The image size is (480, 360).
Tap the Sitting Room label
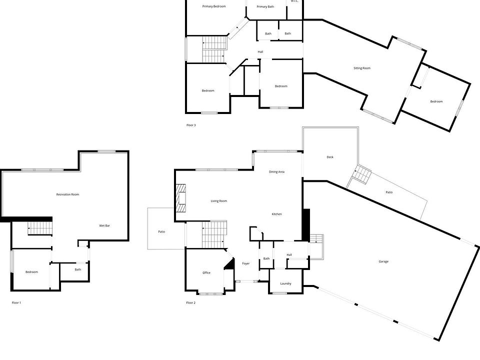[x=362, y=68]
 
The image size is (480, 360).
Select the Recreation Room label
[x=67, y=194]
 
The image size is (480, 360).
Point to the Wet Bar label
[x=104, y=226]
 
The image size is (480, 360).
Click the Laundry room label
[x=286, y=284]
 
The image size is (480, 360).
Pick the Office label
[x=206, y=273]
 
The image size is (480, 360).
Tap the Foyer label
[x=246, y=263]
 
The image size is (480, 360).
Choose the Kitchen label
[x=277, y=214]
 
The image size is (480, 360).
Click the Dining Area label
[x=277, y=172]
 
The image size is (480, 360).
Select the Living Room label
[x=219, y=201]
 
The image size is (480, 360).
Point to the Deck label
[x=330, y=157]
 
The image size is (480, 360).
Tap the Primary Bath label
[x=265, y=6]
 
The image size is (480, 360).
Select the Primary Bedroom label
[x=214, y=6]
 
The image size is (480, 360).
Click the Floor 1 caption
[x=16, y=302]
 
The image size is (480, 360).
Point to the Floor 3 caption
[x=191, y=125]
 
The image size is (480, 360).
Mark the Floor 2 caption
[x=191, y=302]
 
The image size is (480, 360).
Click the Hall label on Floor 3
[x=260, y=52]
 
